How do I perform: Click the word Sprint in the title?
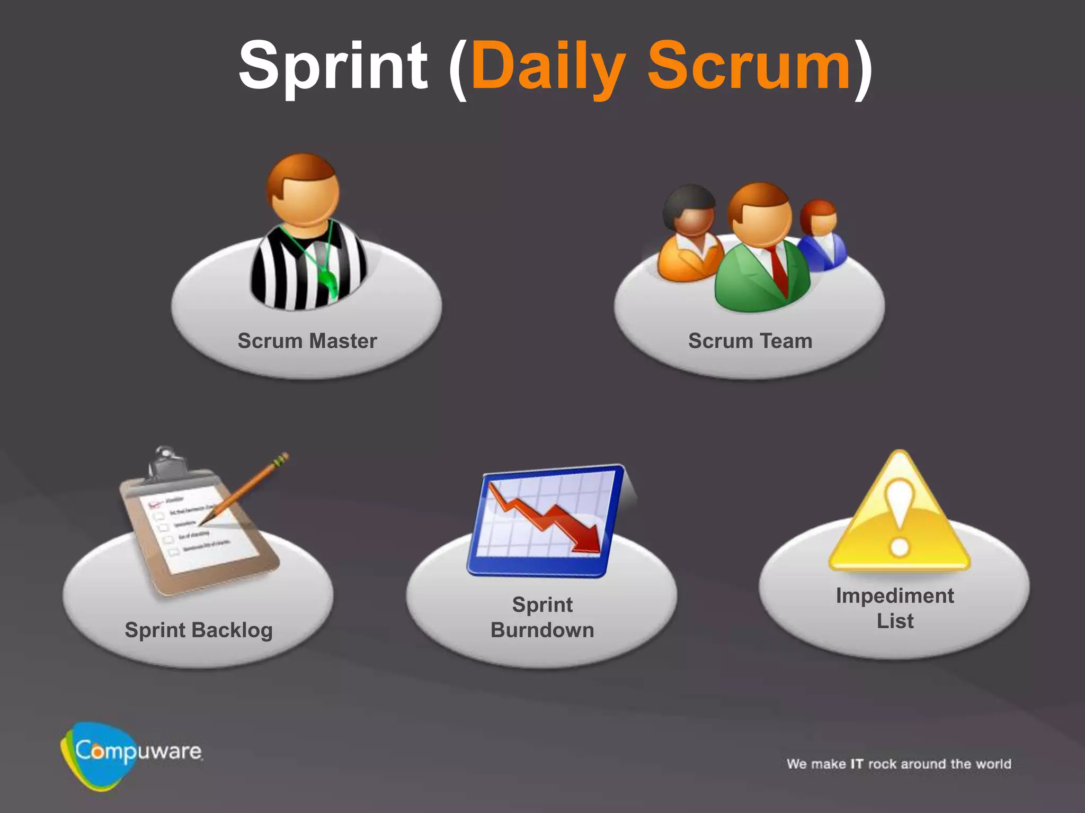pos(333,66)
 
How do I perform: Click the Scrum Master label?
pos(307,341)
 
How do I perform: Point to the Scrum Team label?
pos(750,341)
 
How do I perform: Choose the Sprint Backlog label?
pos(199,630)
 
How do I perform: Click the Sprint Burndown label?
pos(542,617)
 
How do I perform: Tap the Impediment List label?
pos(895,608)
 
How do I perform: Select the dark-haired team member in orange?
pos(689,233)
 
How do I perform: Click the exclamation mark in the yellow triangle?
pos(899,519)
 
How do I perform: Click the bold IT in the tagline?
pos(857,764)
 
